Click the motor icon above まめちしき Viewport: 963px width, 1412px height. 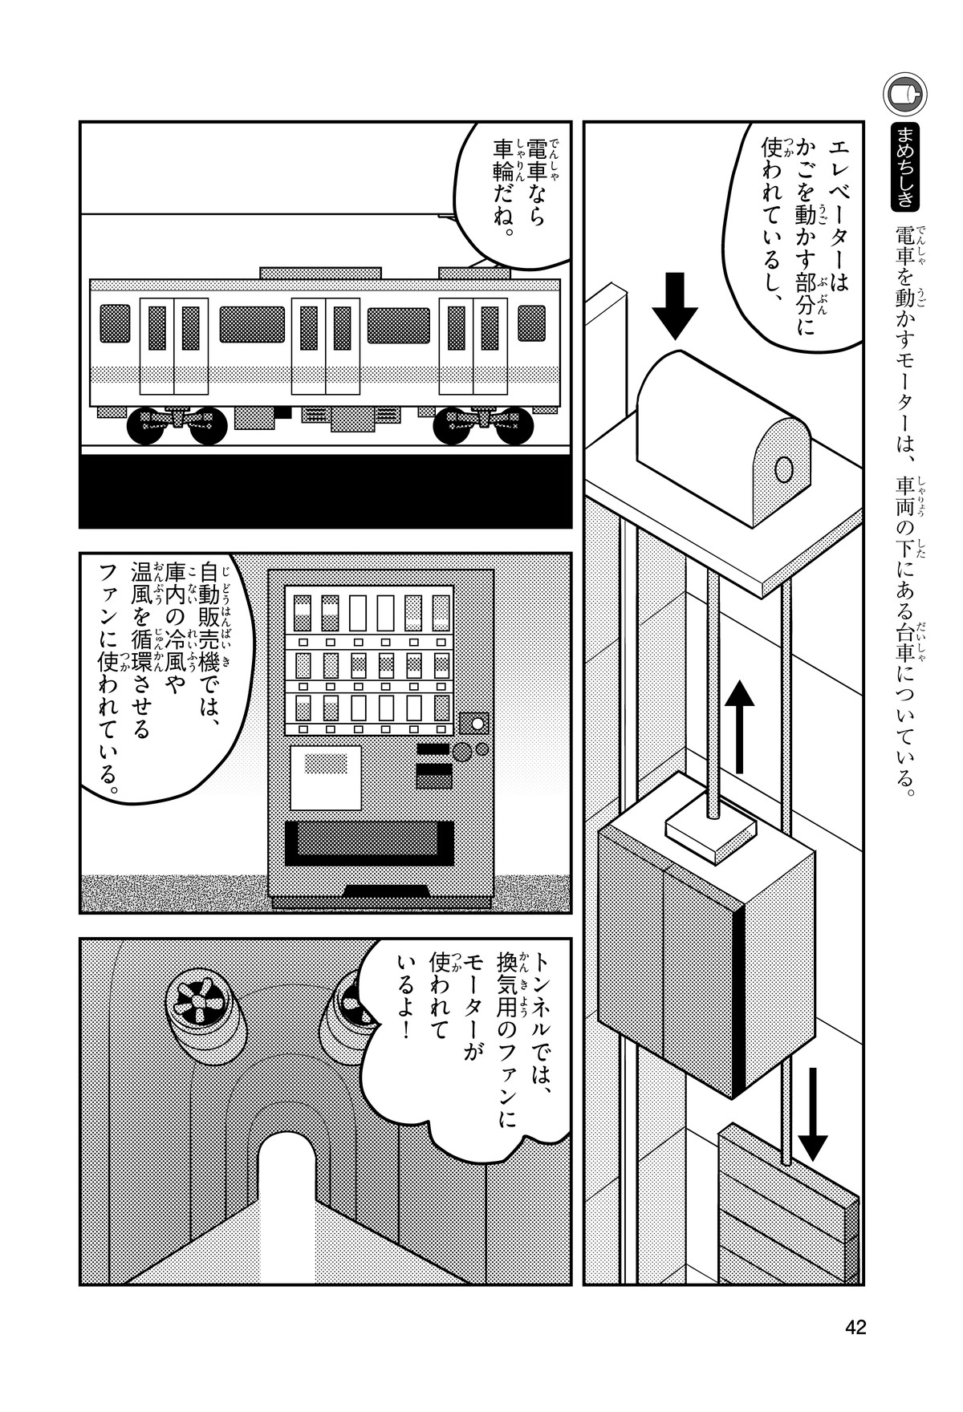[x=904, y=94]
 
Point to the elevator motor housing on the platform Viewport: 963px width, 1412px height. [x=722, y=437]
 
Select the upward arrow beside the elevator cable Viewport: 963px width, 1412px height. [x=740, y=726]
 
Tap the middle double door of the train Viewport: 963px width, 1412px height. [x=325, y=345]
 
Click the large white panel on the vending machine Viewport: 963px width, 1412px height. [x=325, y=777]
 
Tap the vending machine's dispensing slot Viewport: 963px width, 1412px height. [x=365, y=842]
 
